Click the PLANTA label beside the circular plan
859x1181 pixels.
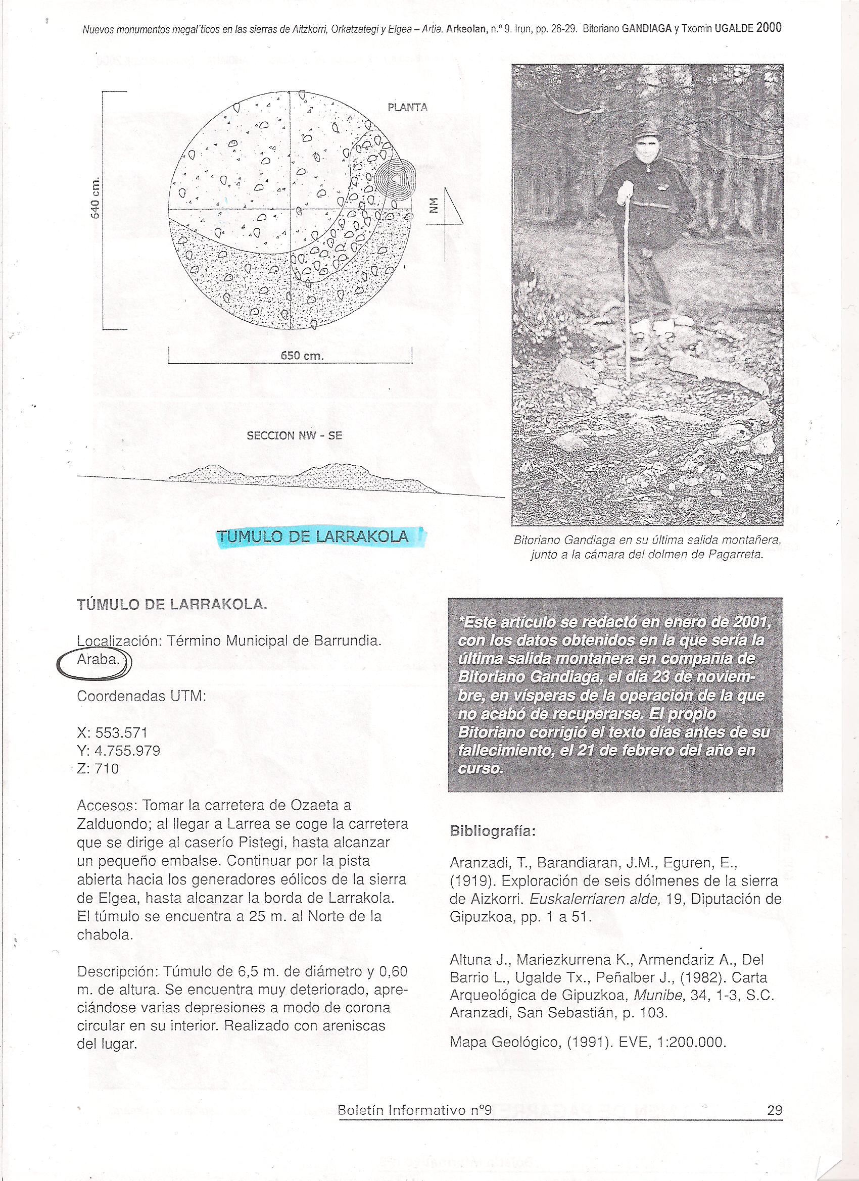(x=407, y=107)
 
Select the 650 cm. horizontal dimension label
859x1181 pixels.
(x=302, y=356)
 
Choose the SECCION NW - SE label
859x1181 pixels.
(x=294, y=436)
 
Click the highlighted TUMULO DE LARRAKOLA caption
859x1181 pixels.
(x=312, y=536)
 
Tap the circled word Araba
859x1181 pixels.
(x=99, y=660)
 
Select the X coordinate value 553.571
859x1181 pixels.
(x=121, y=732)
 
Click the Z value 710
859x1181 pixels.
(x=107, y=768)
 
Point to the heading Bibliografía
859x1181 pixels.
(x=492, y=831)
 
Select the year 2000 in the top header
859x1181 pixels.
(x=769, y=29)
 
